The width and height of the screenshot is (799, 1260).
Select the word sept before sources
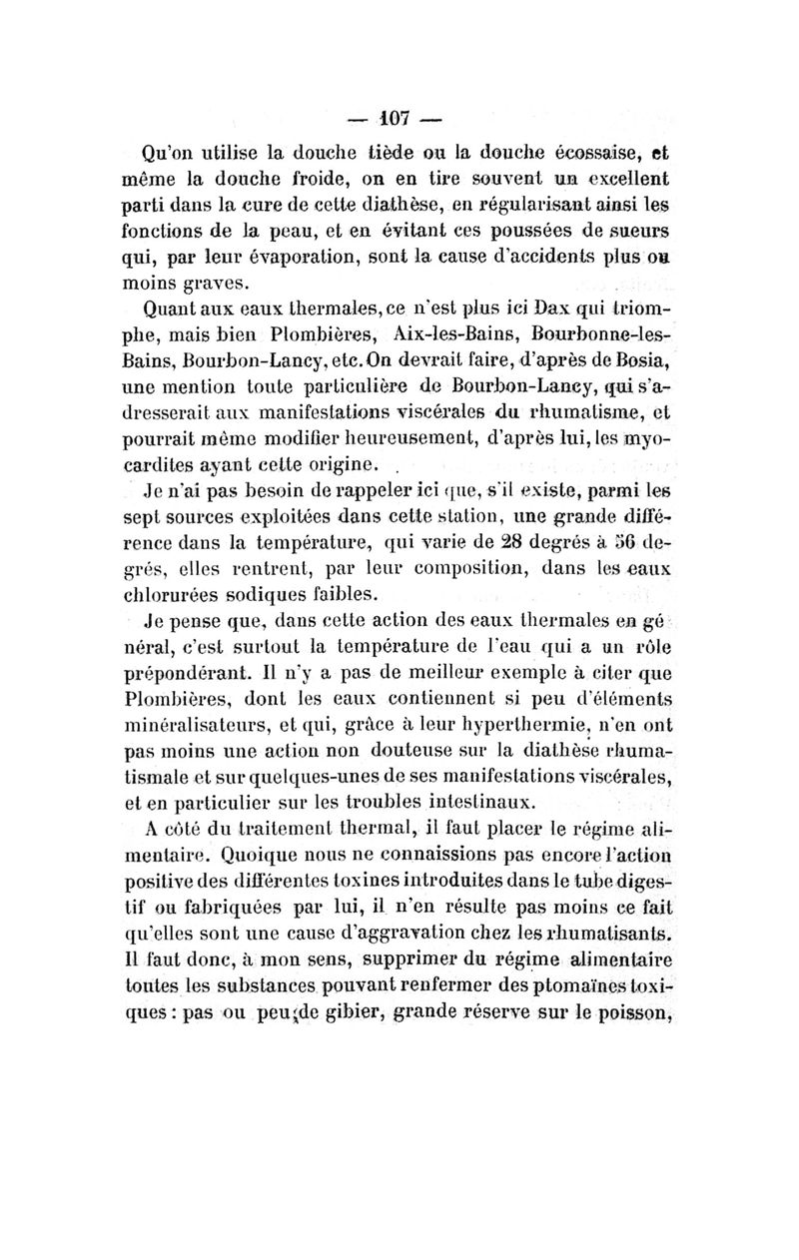162,517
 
